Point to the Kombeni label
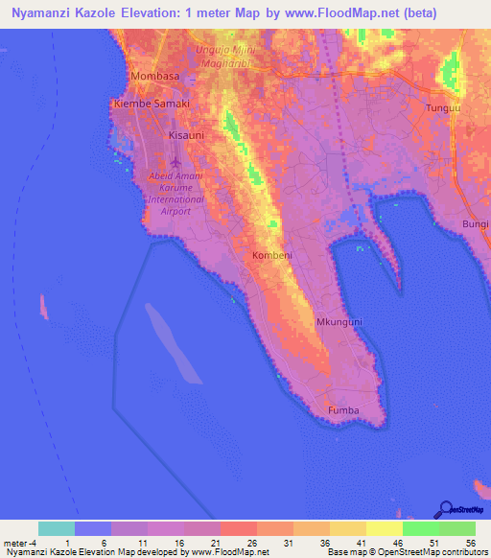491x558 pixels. [270, 257]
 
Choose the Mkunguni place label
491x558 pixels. [339, 323]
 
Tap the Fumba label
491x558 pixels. [343, 410]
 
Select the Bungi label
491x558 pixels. [475, 223]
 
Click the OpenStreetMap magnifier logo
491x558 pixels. [444, 509]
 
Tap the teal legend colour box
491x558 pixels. [56, 528]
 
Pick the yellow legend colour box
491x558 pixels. [384, 528]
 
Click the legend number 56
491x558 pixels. [470, 543]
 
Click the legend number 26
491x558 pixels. [251, 543]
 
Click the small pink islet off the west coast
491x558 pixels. [43, 307]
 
